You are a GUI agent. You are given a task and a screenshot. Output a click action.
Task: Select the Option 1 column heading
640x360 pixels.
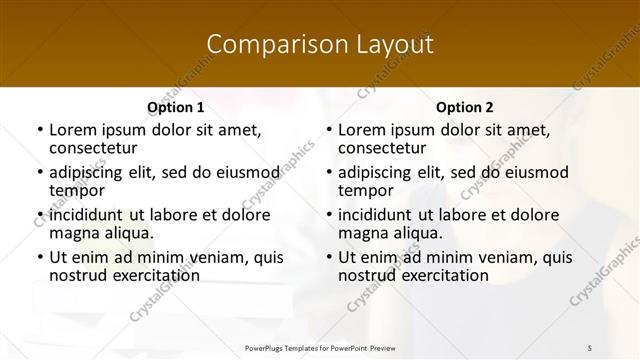[176, 107]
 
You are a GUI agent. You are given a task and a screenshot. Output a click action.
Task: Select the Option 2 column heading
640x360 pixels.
[465, 107]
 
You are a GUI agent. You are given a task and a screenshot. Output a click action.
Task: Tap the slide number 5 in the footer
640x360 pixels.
[590, 347]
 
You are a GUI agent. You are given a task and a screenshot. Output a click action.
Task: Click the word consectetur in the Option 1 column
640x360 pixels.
[93, 148]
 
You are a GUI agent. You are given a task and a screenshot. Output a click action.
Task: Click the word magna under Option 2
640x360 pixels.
[362, 232]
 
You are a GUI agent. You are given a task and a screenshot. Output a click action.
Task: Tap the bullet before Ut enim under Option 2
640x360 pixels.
[329, 257]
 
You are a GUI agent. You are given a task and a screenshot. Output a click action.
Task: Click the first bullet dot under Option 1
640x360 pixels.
[40, 130]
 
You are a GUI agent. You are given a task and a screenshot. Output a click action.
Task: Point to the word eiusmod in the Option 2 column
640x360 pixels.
[538, 172]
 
